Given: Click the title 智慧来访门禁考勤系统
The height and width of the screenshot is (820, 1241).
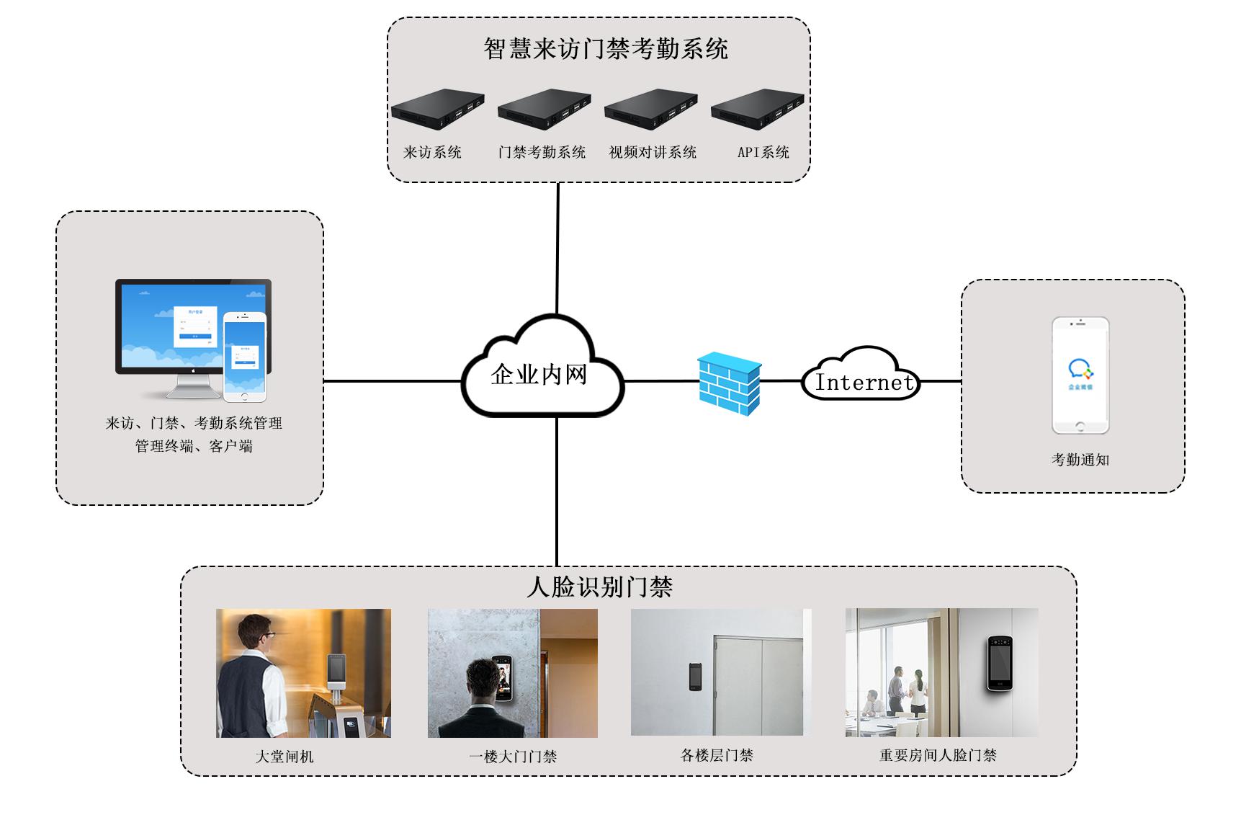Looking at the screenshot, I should tap(606, 49).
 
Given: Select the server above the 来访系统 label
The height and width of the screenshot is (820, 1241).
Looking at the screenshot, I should tap(437, 109).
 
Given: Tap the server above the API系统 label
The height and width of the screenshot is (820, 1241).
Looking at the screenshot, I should tap(757, 109).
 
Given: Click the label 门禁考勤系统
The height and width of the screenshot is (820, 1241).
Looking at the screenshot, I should tap(542, 152).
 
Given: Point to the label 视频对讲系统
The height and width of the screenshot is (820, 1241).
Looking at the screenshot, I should tap(653, 152).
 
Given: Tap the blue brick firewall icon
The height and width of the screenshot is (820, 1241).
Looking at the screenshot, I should tap(730, 383).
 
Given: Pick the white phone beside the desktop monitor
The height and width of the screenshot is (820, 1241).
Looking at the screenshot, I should tap(244, 357).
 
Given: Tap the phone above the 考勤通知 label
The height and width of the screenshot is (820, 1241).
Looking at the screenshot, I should tap(1080, 375).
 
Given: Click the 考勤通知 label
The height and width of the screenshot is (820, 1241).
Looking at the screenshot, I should tap(1080, 460).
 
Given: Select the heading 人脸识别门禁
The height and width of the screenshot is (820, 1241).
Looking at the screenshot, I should tap(599, 587).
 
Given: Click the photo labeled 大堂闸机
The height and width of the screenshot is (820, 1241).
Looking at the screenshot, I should tap(303, 673).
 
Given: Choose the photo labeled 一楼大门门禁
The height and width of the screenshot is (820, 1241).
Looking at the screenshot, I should tap(512, 673).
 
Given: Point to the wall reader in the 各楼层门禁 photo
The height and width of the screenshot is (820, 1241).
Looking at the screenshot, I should tap(694, 676).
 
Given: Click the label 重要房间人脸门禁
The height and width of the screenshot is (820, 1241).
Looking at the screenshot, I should tap(938, 755).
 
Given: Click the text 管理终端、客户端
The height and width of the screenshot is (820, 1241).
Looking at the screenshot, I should tap(194, 446).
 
